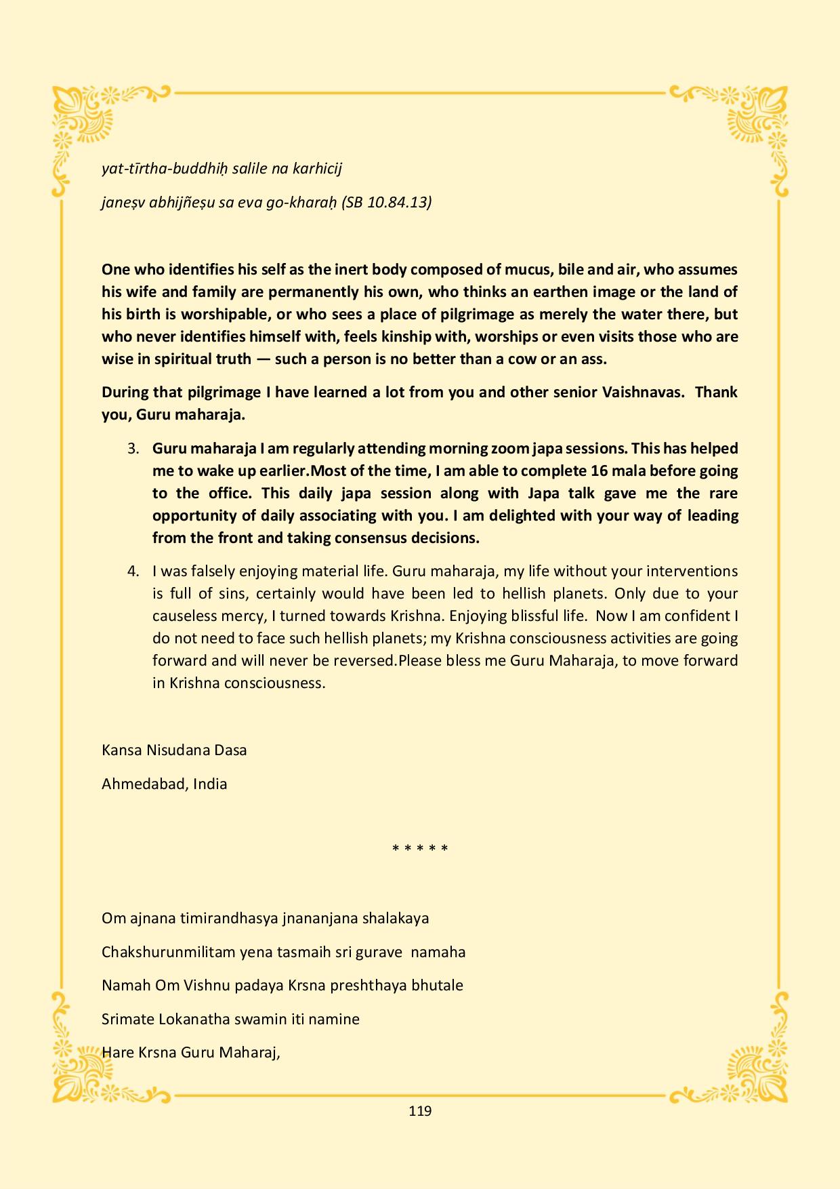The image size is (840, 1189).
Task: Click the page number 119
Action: pos(420,1110)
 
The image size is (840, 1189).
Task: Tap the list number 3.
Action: pos(133,448)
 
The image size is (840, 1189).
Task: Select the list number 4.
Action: pos(133,571)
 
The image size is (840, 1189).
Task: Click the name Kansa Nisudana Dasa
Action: pos(174,750)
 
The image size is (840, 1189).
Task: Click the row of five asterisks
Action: pos(420,849)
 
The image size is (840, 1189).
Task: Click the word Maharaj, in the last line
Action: pos(253,1052)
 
